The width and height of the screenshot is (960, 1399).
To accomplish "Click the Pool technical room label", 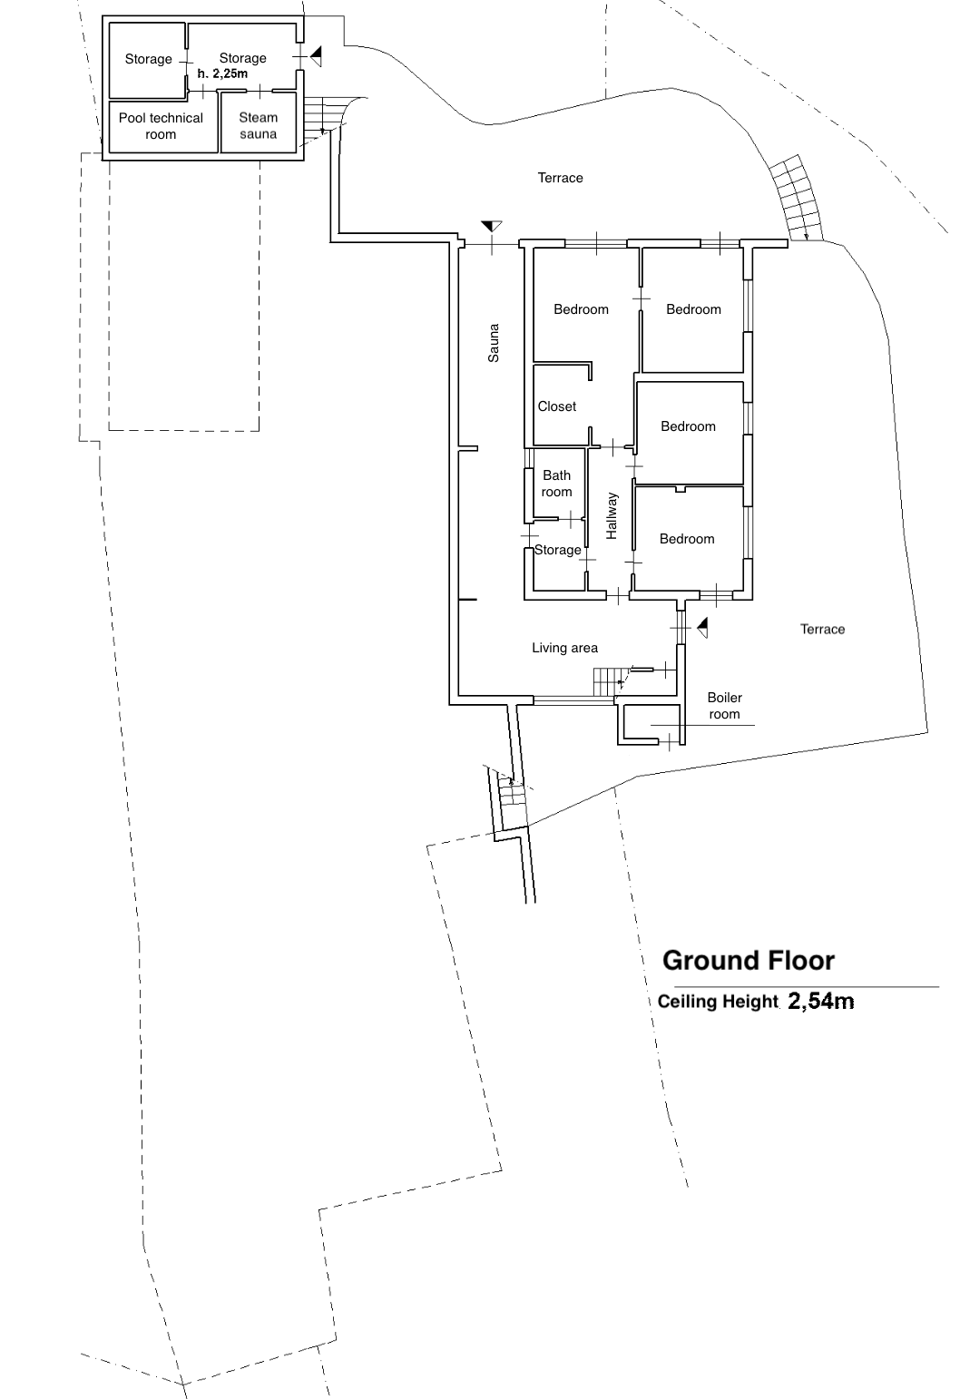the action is tap(162, 126).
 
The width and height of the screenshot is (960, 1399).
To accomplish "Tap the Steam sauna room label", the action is tap(258, 125).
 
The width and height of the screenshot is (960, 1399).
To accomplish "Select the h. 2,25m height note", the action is tap(222, 73).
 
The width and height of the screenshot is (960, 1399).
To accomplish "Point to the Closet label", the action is tap(556, 406).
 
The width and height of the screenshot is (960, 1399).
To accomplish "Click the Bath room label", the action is tap(556, 484).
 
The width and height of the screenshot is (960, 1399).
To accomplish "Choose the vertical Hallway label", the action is tap(612, 516).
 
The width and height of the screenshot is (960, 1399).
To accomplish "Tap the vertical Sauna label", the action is tap(494, 343).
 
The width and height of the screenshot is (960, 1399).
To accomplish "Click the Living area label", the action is tap(564, 649).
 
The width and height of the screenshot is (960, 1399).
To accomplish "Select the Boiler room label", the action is tap(724, 706).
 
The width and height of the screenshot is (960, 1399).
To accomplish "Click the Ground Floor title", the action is tap(749, 961).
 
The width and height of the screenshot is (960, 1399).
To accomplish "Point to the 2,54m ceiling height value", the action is tap(820, 1001).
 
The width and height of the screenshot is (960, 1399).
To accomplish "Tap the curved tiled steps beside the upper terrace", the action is tap(796, 198).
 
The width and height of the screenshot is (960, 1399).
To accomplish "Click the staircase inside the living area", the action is tap(605, 681).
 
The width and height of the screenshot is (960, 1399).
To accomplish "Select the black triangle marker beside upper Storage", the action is tap(316, 56).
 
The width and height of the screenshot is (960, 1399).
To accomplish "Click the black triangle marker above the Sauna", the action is tap(492, 226).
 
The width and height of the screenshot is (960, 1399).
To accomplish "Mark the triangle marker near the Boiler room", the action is tap(702, 627).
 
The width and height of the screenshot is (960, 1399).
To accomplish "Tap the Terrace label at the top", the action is tap(560, 178).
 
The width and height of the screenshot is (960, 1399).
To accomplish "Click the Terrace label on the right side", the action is tap(823, 630).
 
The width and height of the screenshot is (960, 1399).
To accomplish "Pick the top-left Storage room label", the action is tap(148, 59).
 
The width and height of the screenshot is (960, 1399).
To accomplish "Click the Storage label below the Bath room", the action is tap(558, 550).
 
